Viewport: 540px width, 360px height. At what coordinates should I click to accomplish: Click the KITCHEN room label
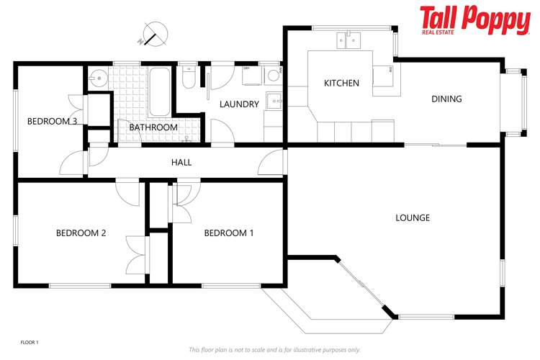(x=341, y=84)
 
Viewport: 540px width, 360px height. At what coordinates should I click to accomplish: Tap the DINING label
(x=446, y=99)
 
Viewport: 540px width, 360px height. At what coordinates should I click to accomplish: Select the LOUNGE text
(x=413, y=217)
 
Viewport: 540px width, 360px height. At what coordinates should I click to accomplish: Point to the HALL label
(x=181, y=163)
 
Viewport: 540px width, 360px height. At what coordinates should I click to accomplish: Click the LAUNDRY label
(x=239, y=104)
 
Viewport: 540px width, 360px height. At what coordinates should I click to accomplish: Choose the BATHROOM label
(x=153, y=127)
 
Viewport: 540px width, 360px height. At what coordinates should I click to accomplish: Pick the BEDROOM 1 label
(x=229, y=233)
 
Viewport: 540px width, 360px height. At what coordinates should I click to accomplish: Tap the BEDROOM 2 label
(x=81, y=233)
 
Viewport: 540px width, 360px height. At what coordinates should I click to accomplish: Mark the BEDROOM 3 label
(x=53, y=122)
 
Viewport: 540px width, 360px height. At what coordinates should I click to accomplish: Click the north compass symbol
(x=153, y=33)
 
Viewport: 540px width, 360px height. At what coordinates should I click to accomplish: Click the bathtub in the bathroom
(x=158, y=92)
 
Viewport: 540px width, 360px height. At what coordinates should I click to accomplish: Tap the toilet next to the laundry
(x=189, y=78)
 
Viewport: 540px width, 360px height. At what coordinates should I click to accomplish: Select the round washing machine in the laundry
(x=272, y=75)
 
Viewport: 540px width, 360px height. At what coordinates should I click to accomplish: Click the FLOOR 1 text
(x=29, y=342)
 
